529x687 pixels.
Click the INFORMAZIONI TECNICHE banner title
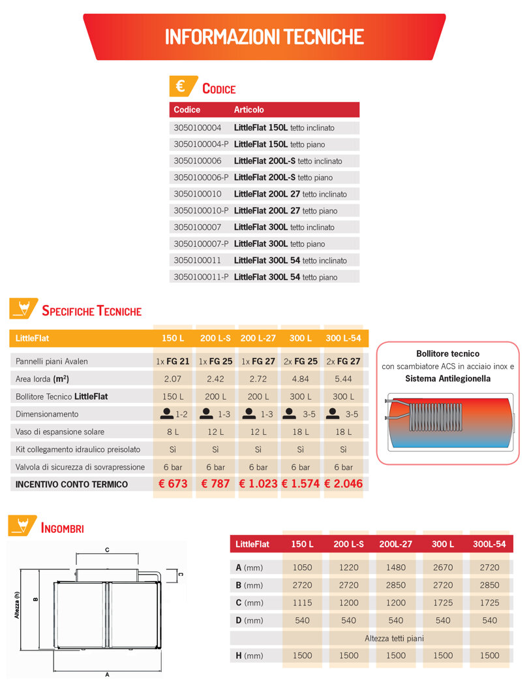tap(264, 37)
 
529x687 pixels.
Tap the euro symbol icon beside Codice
tap(181, 86)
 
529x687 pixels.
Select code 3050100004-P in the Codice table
tap(201, 144)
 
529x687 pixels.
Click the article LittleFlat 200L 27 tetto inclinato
tap(290, 194)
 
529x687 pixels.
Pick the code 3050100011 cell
tap(198, 261)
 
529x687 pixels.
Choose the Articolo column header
tap(249, 110)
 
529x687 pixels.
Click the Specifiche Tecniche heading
tap(91, 311)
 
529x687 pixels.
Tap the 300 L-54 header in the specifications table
tap(343, 338)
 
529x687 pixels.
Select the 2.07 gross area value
tap(173, 379)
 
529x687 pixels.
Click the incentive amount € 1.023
tap(258, 484)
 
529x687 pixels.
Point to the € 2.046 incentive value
tap(343, 484)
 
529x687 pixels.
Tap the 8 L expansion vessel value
tap(173, 432)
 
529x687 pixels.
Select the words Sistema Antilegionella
tap(447, 378)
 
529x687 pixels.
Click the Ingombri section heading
tap(61, 528)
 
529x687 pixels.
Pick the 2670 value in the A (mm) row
tap(443, 567)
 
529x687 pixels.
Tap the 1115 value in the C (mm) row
tap(302, 603)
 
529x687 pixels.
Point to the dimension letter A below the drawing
tap(107, 675)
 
